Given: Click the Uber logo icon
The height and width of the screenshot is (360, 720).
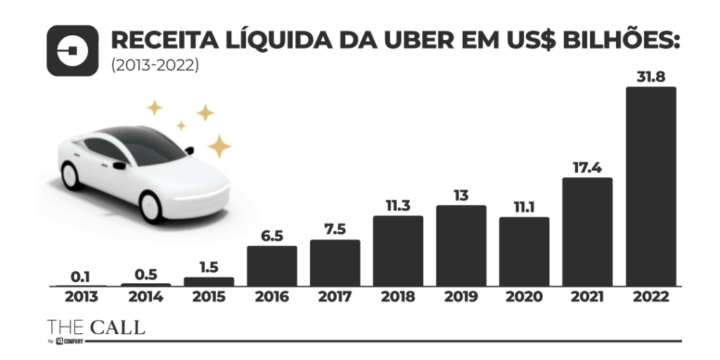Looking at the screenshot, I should [x=72, y=51].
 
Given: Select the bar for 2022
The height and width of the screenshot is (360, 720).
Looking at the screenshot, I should [x=650, y=186].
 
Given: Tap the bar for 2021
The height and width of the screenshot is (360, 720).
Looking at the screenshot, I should [x=587, y=231].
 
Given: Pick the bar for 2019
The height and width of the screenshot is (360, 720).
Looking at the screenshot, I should [x=461, y=245].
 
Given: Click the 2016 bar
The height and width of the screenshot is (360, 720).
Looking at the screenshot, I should [x=271, y=266].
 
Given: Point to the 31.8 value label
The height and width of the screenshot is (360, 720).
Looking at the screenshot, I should [x=650, y=77].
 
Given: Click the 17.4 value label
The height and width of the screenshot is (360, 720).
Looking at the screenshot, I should [x=587, y=167].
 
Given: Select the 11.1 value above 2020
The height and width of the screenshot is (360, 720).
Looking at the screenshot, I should [x=524, y=207].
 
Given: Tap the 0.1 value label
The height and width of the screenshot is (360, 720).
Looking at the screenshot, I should [x=82, y=276].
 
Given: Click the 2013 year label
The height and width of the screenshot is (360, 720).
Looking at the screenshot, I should [x=82, y=297].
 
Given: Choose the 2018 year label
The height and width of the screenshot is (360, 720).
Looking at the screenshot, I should [x=398, y=297].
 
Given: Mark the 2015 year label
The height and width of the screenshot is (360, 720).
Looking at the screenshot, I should [x=208, y=297].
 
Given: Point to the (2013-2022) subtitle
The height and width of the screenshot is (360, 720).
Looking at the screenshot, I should [x=155, y=65].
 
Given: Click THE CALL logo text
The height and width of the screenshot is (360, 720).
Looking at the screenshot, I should [x=96, y=327].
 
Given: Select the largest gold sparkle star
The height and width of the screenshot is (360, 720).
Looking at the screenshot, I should [x=219, y=146].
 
